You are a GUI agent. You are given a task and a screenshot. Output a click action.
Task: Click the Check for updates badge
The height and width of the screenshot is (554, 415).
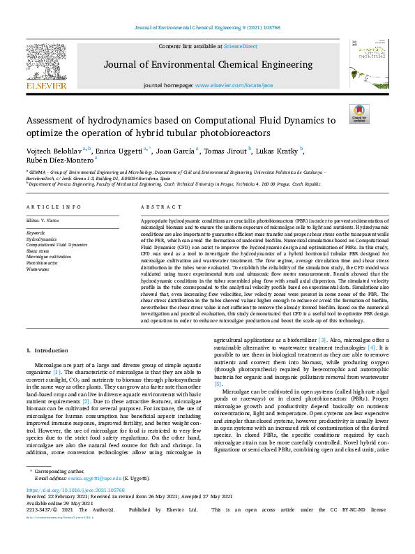pos(359,114)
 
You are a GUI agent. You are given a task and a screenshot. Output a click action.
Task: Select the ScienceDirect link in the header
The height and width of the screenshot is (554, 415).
pos(240,46)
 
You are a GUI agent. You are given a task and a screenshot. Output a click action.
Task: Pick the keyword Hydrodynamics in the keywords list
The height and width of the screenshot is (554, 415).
pos(41,239)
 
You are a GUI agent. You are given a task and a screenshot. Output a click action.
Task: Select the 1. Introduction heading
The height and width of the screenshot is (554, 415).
pos(47,349)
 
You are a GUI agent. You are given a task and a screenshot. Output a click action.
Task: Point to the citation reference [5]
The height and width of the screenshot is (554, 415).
pos(218,384)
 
